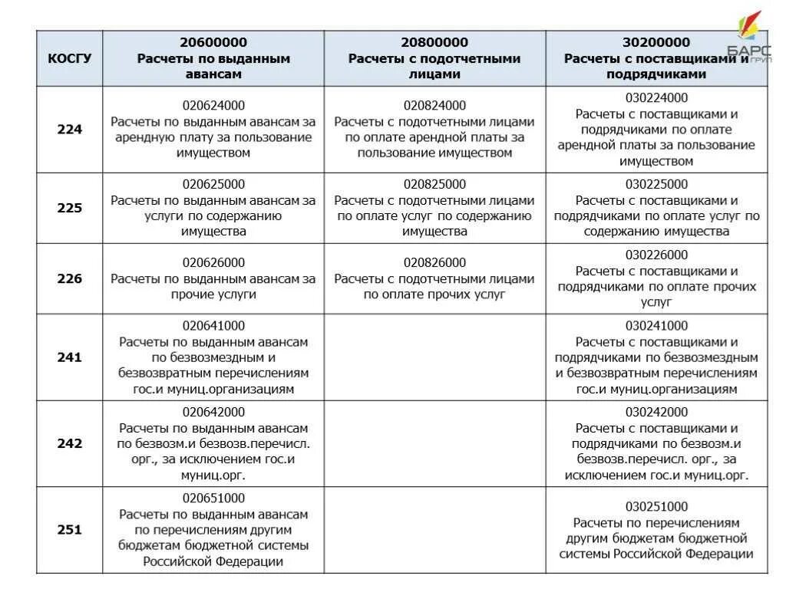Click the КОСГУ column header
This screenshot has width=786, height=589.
[69, 58]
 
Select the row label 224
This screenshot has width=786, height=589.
[69, 130]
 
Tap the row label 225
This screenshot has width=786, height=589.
[69, 208]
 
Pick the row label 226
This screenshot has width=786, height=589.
[69, 278]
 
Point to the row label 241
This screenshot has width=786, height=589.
[69, 357]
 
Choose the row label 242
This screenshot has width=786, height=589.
[69, 443]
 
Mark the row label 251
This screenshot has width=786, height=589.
[69, 529]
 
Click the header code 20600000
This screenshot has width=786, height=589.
[213, 42]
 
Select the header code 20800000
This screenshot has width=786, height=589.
[434, 42]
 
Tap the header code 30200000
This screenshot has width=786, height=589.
[656, 42]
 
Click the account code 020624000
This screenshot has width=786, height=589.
[213, 106]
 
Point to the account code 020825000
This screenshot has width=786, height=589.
[434, 184]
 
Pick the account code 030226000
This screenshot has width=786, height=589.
[656, 255]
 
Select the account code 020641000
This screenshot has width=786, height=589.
[213, 325]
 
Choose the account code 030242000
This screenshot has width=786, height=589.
[656, 412]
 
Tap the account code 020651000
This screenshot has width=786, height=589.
[213, 498]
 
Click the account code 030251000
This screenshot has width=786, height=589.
[656, 506]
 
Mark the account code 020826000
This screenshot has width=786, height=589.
[434, 262]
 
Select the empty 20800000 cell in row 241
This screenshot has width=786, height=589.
[434, 357]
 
